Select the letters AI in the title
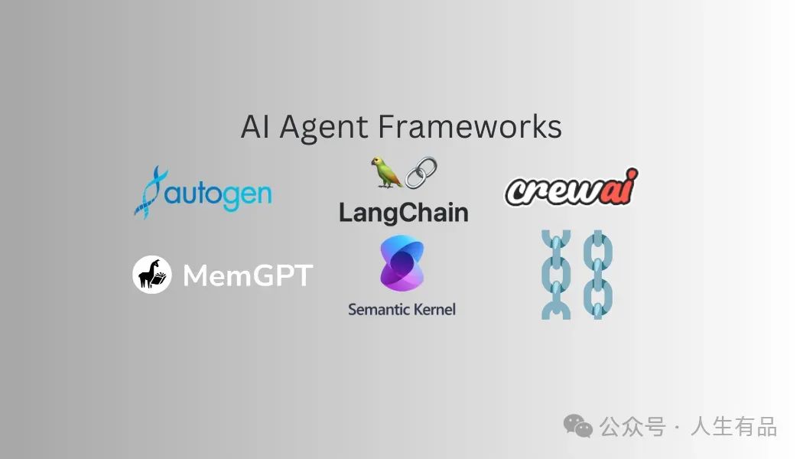click(256, 126)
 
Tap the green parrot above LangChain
click(387, 174)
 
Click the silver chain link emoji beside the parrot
click(420, 173)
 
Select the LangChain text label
click(403, 212)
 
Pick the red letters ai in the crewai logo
click(616, 187)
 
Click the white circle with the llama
click(152, 274)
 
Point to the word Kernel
click(434, 310)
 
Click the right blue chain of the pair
click(597, 274)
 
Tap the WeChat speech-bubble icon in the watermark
click(578, 426)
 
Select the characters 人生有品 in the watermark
click(733, 427)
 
